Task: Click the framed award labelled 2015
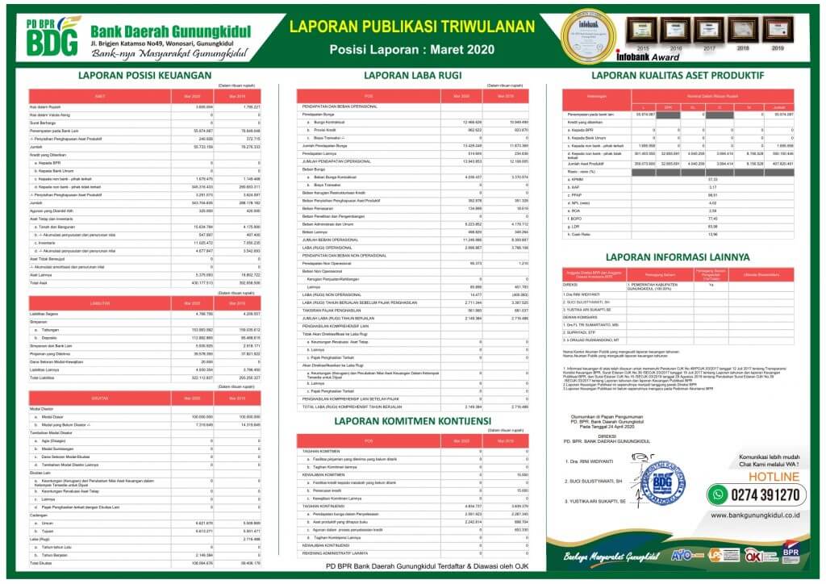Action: coord(641,31)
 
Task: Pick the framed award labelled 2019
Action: coord(777,31)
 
